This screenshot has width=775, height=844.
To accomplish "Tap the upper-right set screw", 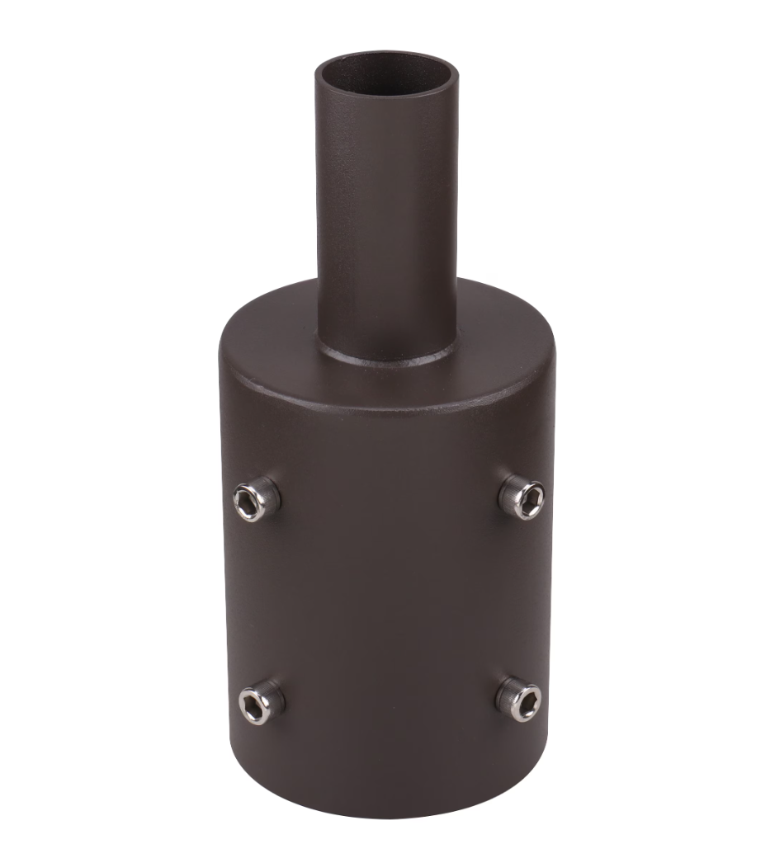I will click(522, 498).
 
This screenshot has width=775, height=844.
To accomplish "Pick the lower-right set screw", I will click(519, 700).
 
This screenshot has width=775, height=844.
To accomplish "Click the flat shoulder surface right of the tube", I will click(503, 326).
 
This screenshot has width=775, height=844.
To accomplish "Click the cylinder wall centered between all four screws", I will click(388, 601).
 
